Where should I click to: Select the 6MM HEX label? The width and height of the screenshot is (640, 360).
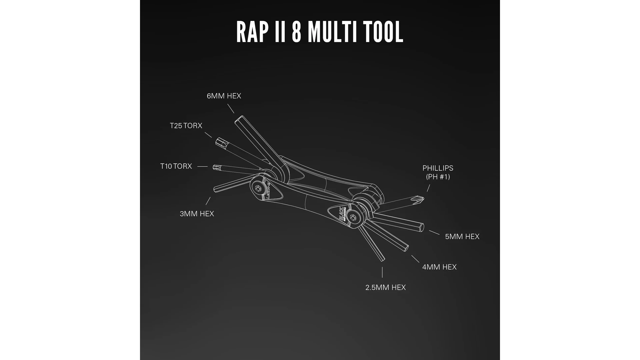pyautogui.click(x=224, y=96)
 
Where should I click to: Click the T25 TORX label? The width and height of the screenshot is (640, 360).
pyautogui.click(x=186, y=126)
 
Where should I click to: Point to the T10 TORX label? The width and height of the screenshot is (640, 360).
pyautogui.click(x=176, y=166)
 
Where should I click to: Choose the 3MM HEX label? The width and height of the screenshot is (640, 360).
pyautogui.click(x=197, y=214)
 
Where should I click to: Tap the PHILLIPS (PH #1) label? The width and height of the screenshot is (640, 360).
pyautogui.click(x=438, y=172)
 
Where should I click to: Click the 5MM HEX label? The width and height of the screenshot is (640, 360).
pyautogui.click(x=462, y=237)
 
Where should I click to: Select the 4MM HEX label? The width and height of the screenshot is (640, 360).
pyautogui.click(x=439, y=267)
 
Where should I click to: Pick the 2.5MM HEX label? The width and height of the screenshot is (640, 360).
pyautogui.click(x=385, y=287)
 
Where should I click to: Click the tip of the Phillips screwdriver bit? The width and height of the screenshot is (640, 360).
pyautogui.click(x=422, y=199)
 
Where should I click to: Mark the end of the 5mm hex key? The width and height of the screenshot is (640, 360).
pyautogui.click(x=422, y=228)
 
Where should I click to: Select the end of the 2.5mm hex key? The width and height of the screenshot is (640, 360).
pyautogui.click(x=383, y=259)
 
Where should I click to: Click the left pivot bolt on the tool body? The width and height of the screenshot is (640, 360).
pyautogui.click(x=258, y=188)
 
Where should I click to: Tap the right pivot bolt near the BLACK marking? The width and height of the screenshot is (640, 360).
pyautogui.click(x=353, y=218)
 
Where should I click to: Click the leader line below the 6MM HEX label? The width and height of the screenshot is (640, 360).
pyautogui.click(x=231, y=108)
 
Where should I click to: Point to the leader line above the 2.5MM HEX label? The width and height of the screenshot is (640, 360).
pyautogui.click(x=382, y=272)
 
